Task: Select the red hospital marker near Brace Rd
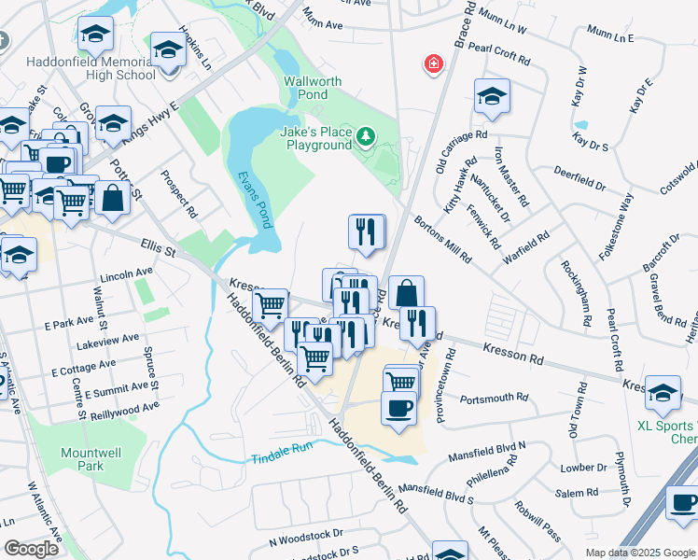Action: tap(433, 64)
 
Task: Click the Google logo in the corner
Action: tap(31, 549)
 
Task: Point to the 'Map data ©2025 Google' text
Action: tap(639, 553)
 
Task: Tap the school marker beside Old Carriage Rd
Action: tap(492, 96)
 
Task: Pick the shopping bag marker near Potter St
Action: tap(112, 199)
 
